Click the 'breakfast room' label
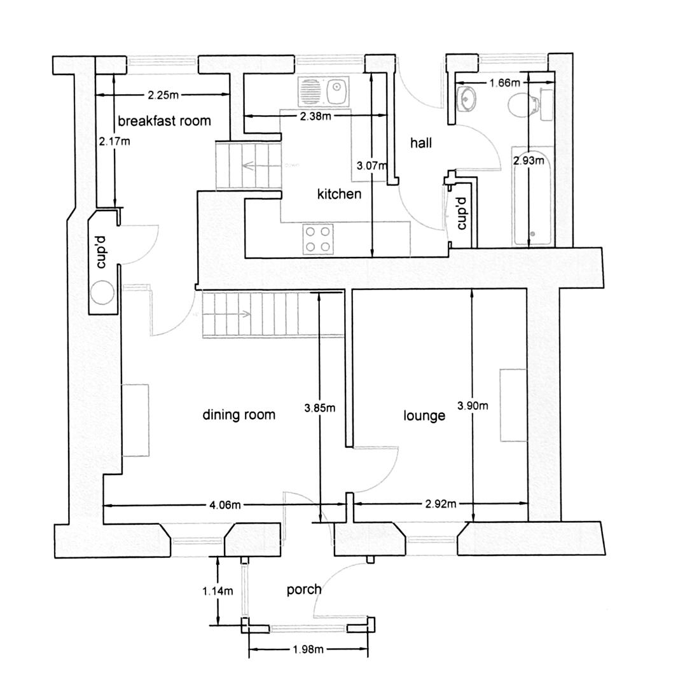click(x=164, y=121)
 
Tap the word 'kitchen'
click(x=339, y=194)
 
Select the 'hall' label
click(x=420, y=143)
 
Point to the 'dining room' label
click(x=239, y=415)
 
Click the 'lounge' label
click(x=424, y=416)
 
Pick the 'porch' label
click(x=304, y=590)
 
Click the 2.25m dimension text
click(x=163, y=95)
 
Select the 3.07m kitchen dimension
click(x=371, y=166)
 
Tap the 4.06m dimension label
click(x=225, y=505)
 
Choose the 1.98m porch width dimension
click(x=308, y=649)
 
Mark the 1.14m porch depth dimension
click(x=218, y=591)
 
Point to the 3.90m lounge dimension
click(x=473, y=405)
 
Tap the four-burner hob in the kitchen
click(x=318, y=239)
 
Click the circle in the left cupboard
click(x=102, y=293)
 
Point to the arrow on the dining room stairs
click(x=246, y=314)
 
